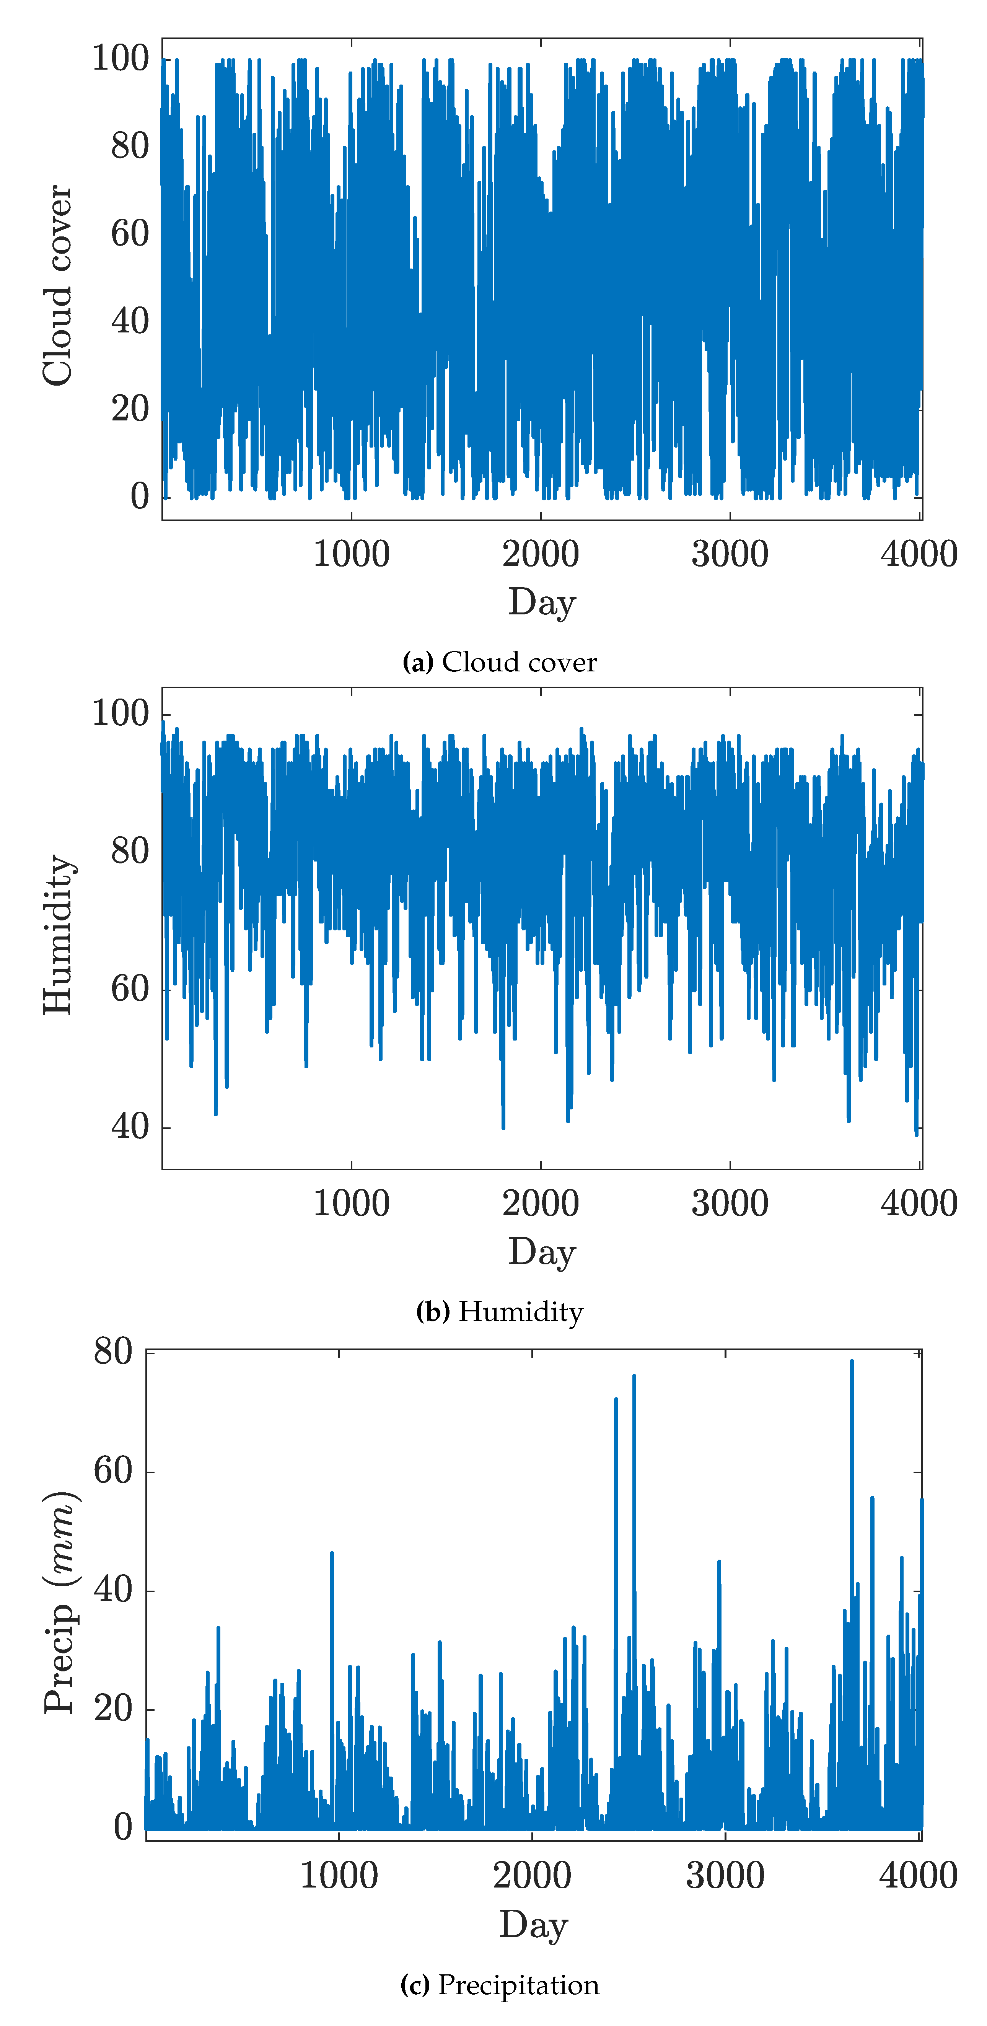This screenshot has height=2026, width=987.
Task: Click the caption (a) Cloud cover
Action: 499,662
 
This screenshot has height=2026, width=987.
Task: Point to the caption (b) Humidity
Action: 499,1312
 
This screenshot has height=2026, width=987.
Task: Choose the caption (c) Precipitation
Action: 499,1985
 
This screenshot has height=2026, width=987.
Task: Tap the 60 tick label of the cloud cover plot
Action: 130,234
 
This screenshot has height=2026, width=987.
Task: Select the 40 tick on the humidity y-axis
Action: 130,1127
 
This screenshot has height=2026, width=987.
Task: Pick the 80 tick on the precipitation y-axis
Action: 112,1352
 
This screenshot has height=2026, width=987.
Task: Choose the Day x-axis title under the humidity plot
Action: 542,1251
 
